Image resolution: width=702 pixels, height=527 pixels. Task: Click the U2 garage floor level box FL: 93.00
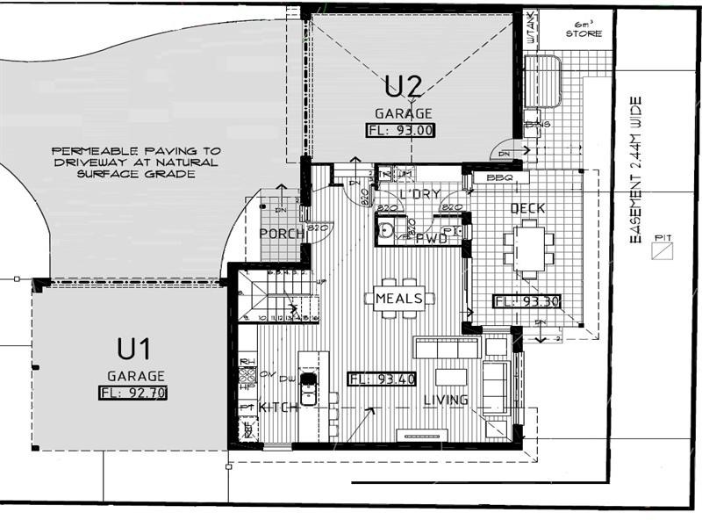(399, 130)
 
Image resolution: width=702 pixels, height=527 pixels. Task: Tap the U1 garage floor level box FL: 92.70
(133, 393)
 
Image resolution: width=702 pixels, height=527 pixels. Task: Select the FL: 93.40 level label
(382, 379)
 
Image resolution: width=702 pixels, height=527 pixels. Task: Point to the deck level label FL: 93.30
(526, 301)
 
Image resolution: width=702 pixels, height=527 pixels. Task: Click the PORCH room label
(282, 234)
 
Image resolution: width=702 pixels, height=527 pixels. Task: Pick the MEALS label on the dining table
(399, 299)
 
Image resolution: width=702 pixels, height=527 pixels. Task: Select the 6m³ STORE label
(583, 30)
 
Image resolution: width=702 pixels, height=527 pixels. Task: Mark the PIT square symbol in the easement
(661, 252)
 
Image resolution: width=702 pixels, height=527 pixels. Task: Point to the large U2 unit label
(404, 86)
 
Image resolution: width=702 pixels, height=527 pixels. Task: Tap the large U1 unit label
(133, 350)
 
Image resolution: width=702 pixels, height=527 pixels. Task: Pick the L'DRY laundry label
(419, 193)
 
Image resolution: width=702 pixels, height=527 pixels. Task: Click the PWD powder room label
(432, 238)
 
